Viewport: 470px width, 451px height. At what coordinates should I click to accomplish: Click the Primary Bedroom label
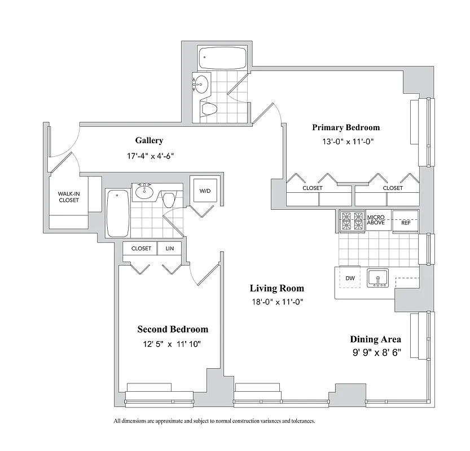pos(345,127)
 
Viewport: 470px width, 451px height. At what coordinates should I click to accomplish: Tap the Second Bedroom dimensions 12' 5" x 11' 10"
pos(173,344)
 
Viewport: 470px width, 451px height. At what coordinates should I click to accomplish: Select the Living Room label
pos(276,288)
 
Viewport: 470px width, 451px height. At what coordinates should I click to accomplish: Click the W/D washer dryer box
pos(204,191)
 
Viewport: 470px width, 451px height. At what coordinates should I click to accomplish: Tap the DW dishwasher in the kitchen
pos(349,278)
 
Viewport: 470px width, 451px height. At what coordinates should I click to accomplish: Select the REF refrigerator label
pos(405,222)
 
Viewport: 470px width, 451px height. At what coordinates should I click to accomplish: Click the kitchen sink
pos(378,277)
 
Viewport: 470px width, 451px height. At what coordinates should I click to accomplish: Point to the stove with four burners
pos(353,220)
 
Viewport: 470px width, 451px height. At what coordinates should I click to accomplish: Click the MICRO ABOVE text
pos(376,220)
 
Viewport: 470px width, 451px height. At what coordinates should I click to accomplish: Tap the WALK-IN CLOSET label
pos(69,197)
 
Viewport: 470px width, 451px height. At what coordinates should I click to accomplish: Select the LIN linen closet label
pos(169,248)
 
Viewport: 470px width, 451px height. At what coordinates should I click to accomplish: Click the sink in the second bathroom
pos(144,192)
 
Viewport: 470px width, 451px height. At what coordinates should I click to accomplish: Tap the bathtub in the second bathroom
pos(117,213)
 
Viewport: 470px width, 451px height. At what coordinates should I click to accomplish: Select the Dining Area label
pos(375,339)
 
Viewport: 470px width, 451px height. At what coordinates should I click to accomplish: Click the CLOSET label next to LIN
pos(141,248)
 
